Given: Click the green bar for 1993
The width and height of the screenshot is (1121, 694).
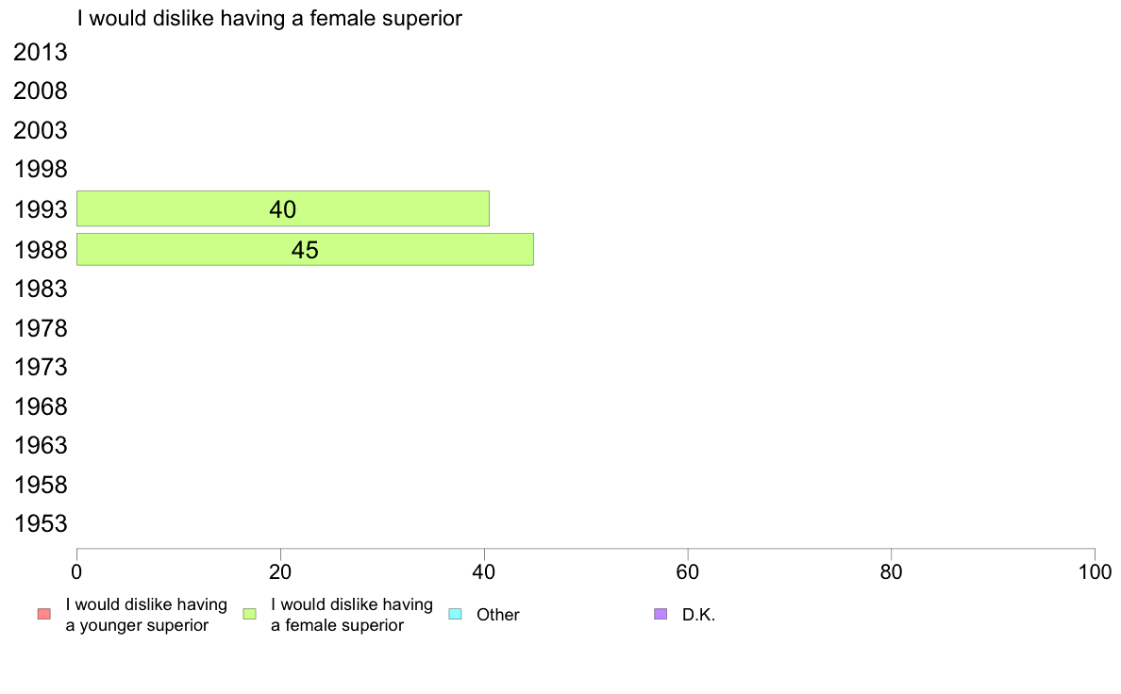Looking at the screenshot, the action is (x=283, y=208).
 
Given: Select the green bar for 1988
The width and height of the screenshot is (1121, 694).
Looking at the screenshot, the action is (x=306, y=250).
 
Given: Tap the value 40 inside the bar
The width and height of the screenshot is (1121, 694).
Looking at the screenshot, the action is (x=283, y=209).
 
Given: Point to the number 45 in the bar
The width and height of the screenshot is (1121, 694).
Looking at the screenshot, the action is (x=306, y=250).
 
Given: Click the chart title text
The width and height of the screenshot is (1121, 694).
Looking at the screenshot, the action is (x=270, y=18).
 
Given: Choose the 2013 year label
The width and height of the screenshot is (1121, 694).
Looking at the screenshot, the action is (x=40, y=52).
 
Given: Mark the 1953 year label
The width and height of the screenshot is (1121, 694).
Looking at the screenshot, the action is (x=40, y=524).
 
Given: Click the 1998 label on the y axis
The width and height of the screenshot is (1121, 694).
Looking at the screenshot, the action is (x=40, y=170).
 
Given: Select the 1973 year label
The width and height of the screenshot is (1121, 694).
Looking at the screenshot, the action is (x=40, y=368).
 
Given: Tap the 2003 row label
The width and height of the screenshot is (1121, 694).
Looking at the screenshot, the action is (x=40, y=131).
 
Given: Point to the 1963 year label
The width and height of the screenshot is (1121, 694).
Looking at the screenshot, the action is (x=40, y=445).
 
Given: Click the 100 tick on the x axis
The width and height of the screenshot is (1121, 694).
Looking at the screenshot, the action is (x=1095, y=571).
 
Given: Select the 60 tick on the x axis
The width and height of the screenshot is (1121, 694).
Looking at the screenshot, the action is (x=688, y=571).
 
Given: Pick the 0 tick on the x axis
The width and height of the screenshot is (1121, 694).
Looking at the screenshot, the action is (x=76, y=571).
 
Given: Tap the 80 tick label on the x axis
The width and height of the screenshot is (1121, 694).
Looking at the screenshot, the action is (x=892, y=571).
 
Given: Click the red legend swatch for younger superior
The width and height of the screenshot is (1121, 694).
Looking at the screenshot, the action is (x=44, y=614).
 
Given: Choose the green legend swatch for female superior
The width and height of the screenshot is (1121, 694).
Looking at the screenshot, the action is (x=249, y=614).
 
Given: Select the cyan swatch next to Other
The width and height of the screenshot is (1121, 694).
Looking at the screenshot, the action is (x=456, y=614).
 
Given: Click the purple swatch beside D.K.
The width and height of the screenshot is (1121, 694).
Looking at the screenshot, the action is (x=661, y=614).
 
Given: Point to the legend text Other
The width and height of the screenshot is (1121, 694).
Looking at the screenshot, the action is (x=497, y=615).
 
